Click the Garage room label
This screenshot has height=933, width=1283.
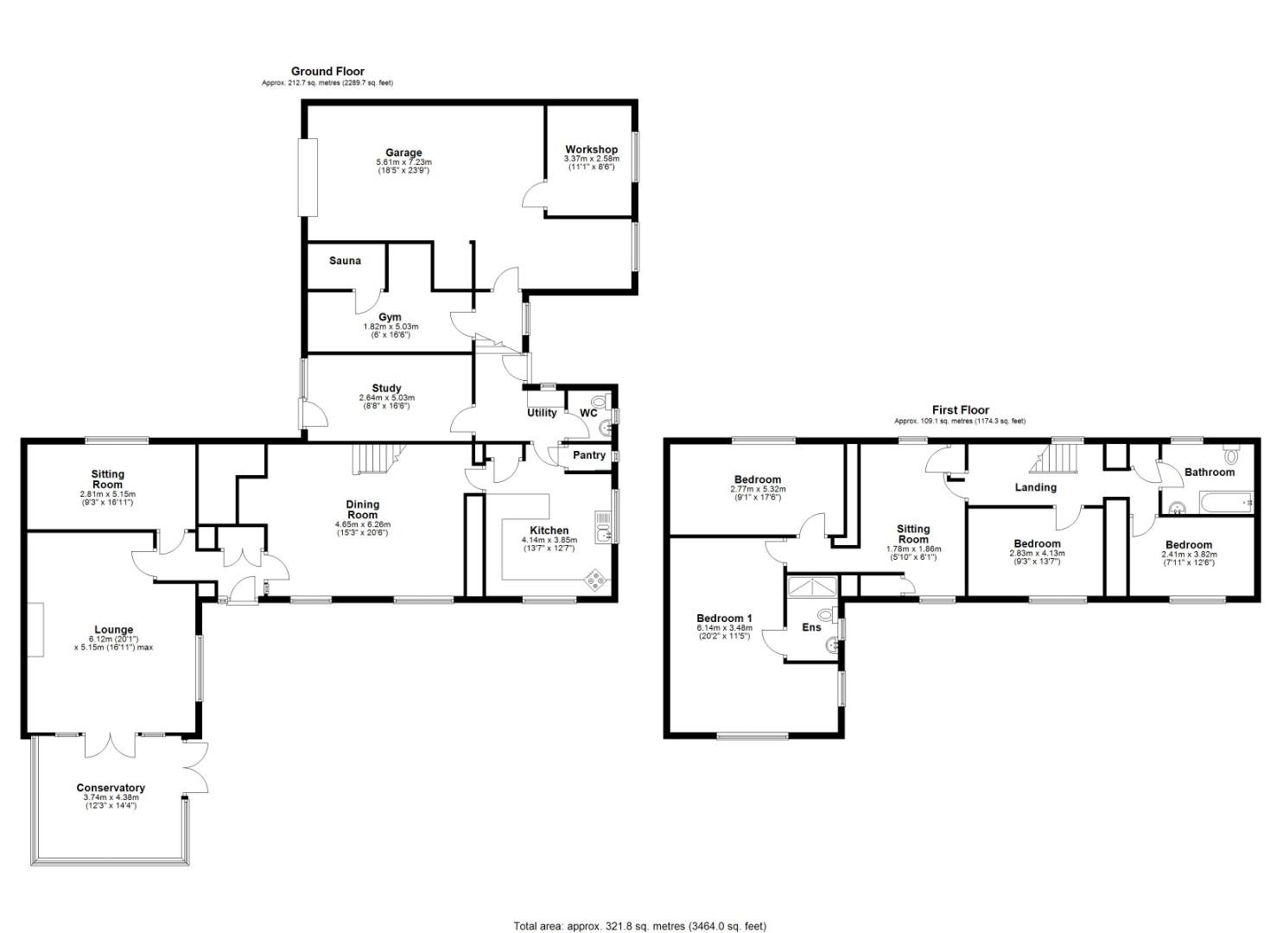click(x=403, y=153)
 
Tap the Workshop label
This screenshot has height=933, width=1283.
click(x=591, y=149)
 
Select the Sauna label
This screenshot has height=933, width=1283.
click(x=345, y=261)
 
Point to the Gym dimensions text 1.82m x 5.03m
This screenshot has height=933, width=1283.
click(x=391, y=327)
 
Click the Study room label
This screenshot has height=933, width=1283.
click(x=386, y=388)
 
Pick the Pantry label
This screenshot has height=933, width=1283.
click(x=588, y=455)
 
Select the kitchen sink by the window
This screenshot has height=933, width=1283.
click(x=602, y=524)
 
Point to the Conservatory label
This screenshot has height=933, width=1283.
click(x=111, y=788)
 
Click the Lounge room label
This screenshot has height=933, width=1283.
click(x=114, y=630)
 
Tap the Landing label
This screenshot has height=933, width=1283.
click(x=1035, y=487)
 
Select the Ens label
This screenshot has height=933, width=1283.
click(x=811, y=627)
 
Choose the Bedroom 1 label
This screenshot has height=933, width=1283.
click(x=724, y=619)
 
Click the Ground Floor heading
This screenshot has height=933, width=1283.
click(x=327, y=72)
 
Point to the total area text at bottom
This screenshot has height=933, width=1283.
click(x=639, y=926)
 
